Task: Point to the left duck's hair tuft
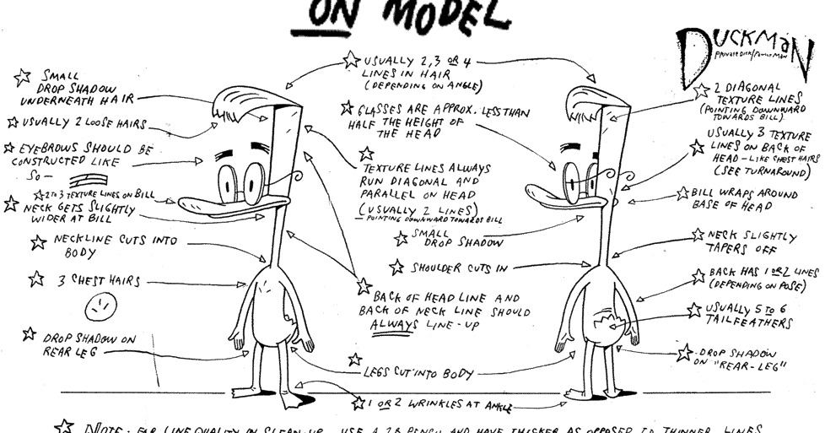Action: pyautogui.click(x=241, y=105)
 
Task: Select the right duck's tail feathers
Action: pyautogui.click(x=612, y=322)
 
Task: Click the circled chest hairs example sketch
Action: pyautogui.click(x=102, y=304)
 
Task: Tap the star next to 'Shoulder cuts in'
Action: pyautogui.click(x=396, y=268)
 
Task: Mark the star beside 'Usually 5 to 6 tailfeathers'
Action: pyautogui.click(x=694, y=311)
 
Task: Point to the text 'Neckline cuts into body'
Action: pyautogui.click(x=110, y=246)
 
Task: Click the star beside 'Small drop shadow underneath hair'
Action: pyautogui.click(x=24, y=78)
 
